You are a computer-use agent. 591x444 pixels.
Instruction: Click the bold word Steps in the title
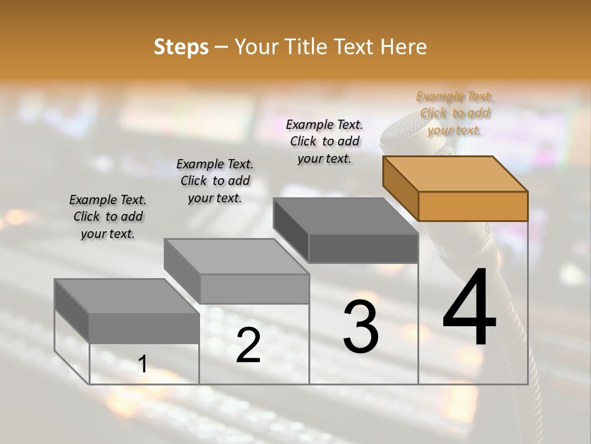point(181,47)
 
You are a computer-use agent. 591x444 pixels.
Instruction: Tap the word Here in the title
point(403,47)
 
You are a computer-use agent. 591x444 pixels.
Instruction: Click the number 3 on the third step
point(361,327)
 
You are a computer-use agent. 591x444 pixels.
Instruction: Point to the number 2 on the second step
point(248,345)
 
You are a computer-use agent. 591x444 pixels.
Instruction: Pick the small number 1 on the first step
point(143,364)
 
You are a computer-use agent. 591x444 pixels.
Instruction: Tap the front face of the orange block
point(473,206)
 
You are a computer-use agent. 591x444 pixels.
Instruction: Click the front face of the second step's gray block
point(254,289)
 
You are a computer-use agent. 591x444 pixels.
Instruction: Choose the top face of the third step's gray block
point(345,216)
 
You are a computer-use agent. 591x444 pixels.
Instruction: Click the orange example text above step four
point(454,113)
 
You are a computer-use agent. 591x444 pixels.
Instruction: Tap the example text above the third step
point(324,141)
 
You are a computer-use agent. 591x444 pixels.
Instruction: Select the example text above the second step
point(215,181)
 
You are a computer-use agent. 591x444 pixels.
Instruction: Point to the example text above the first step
point(108,216)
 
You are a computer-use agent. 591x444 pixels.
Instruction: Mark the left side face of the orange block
point(400,187)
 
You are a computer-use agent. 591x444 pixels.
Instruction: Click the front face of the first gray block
point(144,327)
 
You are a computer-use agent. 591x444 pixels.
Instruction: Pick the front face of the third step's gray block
point(363,249)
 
